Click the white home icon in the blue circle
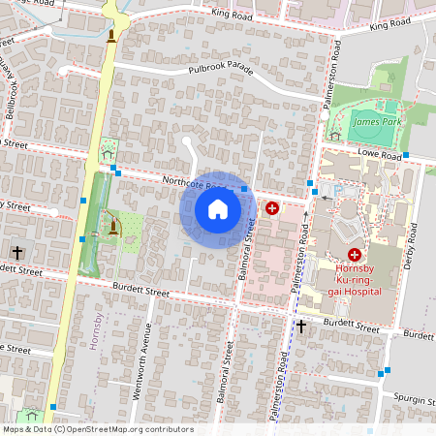pos(218,209)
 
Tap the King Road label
pos(231,16)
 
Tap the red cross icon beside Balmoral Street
pos(272,207)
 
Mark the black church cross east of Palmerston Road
pos(301,327)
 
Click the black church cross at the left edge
pos(16,253)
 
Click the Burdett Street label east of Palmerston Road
pos(352,327)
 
